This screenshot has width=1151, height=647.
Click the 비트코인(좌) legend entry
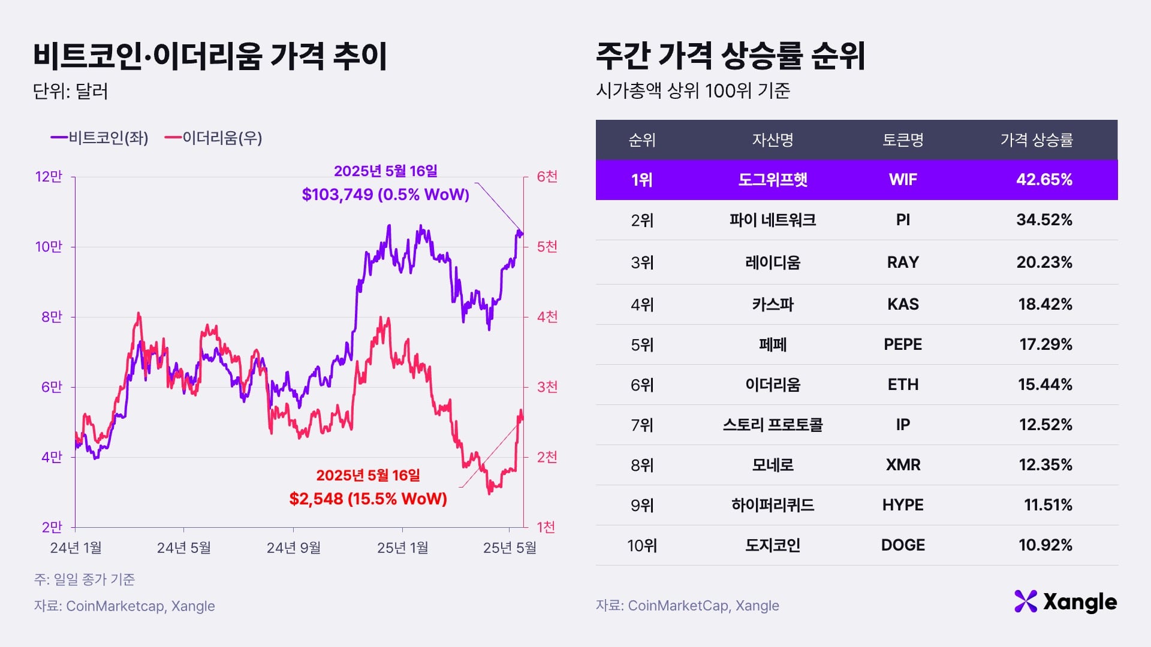point(100,138)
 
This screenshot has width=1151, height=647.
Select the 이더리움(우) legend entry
point(214,138)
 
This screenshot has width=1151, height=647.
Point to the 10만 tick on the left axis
point(49,247)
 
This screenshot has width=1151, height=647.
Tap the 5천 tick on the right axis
point(547,247)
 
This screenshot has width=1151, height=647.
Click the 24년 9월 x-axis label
point(293,548)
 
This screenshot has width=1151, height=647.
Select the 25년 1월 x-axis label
point(402,548)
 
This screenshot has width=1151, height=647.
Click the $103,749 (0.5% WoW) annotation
point(385,194)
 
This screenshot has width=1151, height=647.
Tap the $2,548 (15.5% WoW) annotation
point(368,498)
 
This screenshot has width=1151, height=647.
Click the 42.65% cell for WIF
point(1044,180)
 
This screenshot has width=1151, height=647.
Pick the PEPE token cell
point(902,344)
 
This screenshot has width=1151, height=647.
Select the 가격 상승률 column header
point(1036,140)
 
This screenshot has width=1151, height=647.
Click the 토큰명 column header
point(902,140)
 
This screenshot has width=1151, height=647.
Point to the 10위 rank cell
point(641,546)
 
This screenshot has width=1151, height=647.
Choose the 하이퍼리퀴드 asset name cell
point(772,505)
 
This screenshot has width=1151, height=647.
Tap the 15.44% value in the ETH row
point(1044,385)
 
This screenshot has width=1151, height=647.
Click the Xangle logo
point(1065,601)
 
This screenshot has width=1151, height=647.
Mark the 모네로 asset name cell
point(772,465)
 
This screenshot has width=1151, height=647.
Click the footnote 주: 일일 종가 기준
point(85,579)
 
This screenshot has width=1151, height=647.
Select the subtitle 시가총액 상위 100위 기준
point(692,91)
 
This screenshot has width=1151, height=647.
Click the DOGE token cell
point(902,545)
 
